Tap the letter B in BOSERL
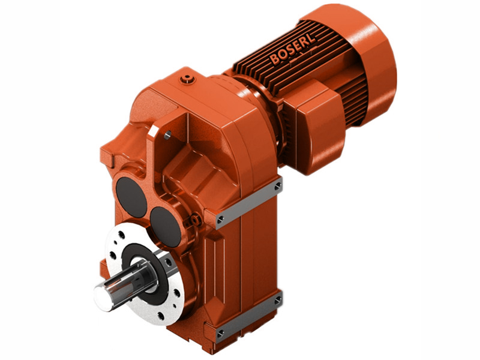(x=275, y=61)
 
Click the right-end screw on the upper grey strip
(x=277, y=187)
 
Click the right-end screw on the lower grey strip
(x=277, y=298)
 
